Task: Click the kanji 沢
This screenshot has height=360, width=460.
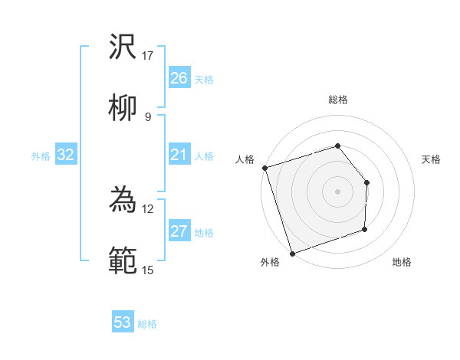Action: pos(123,48)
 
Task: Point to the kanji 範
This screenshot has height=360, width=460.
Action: pos(123,260)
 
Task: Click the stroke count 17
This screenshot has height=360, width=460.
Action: pos(148,56)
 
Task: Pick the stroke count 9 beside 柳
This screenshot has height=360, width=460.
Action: pos(148,116)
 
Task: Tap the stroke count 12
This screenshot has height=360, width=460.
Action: pos(148,208)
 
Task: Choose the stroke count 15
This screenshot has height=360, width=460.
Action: pos(148,269)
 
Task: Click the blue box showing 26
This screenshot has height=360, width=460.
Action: pos(179,77)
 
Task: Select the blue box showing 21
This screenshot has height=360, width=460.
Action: pos(179,155)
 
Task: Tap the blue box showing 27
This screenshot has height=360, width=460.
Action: pos(179,231)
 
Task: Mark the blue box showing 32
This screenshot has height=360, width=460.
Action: pos(66,155)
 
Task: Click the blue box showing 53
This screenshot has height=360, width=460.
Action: pos(123,322)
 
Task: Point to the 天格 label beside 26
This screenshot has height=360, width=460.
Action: pos(204,79)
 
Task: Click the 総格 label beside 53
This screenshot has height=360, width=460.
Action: pos(147,324)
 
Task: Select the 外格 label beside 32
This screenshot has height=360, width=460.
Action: pos(41,156)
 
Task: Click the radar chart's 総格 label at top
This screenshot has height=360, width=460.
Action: pos(337,100)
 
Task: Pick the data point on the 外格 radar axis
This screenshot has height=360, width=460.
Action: pos(291,253)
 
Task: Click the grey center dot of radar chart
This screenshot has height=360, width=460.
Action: pos(337,191)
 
